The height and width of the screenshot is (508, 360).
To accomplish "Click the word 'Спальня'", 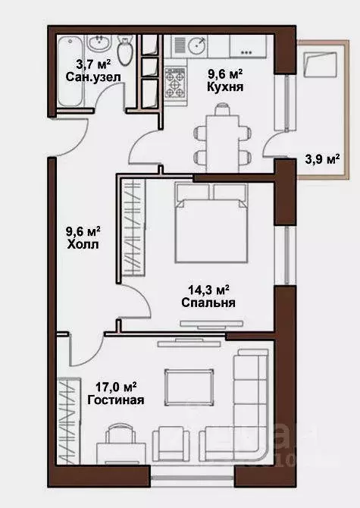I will tap(208, 302).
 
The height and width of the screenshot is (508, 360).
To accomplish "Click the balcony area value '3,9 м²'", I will tap(322, 159).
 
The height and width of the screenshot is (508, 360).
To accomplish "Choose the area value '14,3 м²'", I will tap(208, 288).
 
